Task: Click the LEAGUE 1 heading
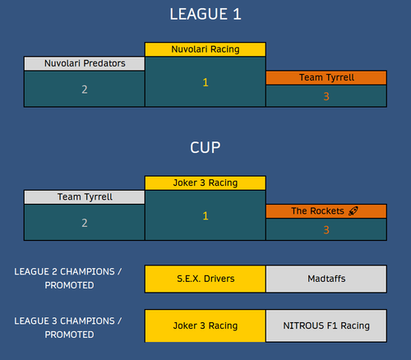(x=205, y=14)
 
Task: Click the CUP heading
(x=205, y=148)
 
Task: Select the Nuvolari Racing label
(x=205, y=49)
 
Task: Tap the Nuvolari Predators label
(x=85, y=63)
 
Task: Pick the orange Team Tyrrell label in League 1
(x=326, y=77)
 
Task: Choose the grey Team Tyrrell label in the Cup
(x=85, y=197)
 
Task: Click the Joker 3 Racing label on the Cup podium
(x=205, y=182)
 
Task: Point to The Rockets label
(x=326, y=211)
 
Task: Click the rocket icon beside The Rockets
(x=353, y=211)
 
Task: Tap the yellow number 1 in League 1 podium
(x=205, y=82)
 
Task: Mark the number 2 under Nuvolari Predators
(x=85, y=90)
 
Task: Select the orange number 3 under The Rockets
(x=326, y=230)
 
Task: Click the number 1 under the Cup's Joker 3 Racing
(x=205, y=216)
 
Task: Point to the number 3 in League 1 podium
(x=326, y=96)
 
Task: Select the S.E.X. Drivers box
(x=205, y=279)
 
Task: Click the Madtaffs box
(x=326, y=279)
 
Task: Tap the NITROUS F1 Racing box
(x=326, y=325)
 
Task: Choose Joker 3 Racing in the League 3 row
(x=205, y=325)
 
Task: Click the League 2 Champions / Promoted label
(x=68, y=279)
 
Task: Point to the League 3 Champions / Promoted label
(x=68, y=328)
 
